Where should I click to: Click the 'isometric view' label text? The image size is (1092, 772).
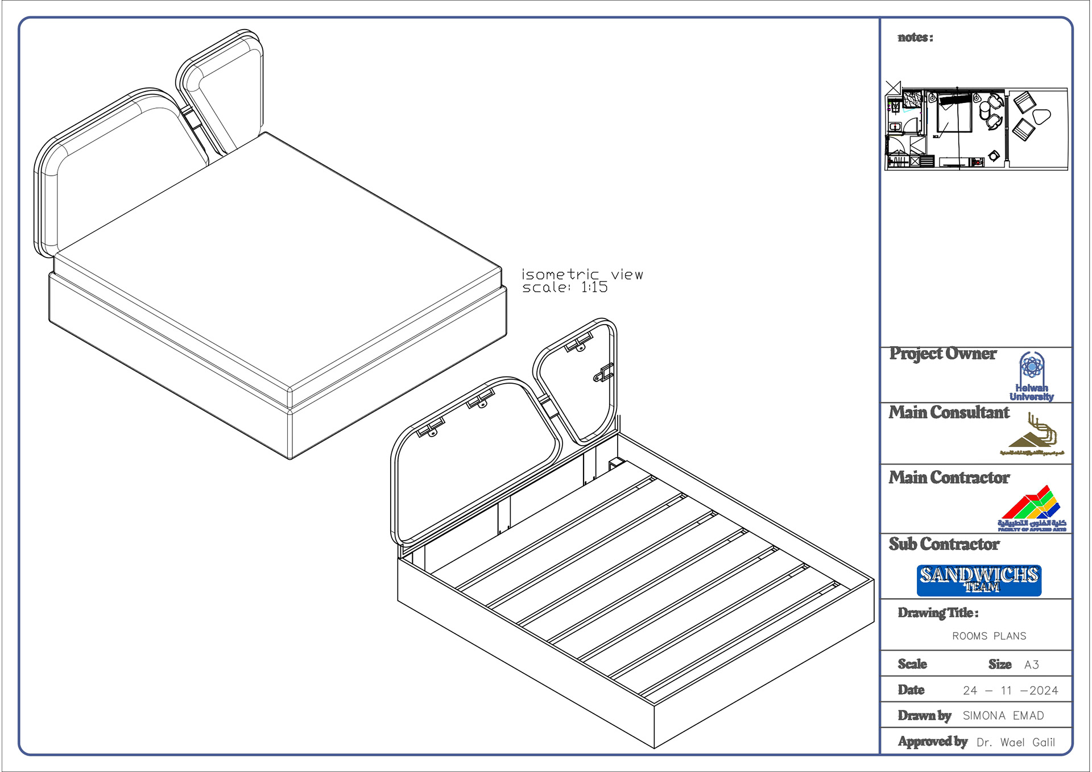point(582,275)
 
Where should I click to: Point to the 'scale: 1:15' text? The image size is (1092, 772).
point(565,288)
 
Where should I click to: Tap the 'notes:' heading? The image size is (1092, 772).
point(915,38)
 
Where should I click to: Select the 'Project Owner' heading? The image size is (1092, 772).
point(942,354)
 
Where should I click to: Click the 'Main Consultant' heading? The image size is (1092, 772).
point(949,412)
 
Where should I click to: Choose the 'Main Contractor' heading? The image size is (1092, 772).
point(949,478)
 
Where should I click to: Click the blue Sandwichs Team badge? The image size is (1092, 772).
point(979,580)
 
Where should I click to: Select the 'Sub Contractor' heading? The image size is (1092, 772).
point(944,544)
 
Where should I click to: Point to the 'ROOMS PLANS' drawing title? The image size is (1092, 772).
point(989,636)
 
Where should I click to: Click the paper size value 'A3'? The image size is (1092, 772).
point(1031,665)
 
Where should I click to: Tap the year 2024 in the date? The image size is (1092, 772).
point(1044,691)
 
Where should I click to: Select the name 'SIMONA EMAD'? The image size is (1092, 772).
point(1003,716)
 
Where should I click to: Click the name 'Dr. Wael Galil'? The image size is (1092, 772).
point(1015,742)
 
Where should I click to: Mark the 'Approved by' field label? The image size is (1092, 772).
point(932,741)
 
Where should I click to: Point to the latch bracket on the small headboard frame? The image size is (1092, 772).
point(604,373)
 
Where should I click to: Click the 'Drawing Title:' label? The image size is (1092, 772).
point(938,613)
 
